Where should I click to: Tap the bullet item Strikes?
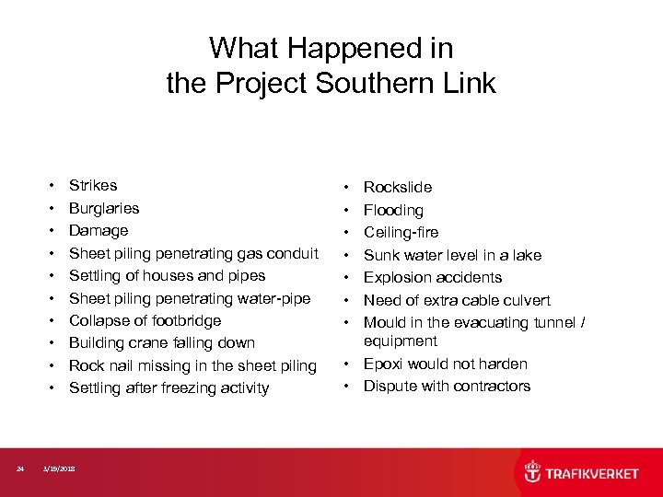click(x=93, y=186)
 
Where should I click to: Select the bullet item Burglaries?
click(x=104, y=208)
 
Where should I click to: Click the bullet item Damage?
click(x=99, y=230)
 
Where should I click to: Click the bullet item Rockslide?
click(x=397, y=188)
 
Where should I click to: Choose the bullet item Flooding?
click(x=393, y=211)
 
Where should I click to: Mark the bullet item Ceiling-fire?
click(x=401, y=232)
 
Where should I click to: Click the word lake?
click(x=526, y=255)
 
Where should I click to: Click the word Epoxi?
click(x=383, y=364)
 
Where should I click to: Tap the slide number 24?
click(x=20, y=469)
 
